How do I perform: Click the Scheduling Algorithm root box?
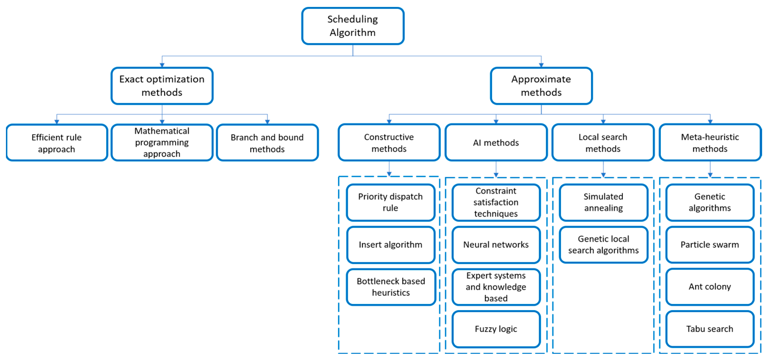pyautogui.click(x=353, y=26)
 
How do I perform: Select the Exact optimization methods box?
pyautogui.click(x=162, y=86)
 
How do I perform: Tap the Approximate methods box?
pyautogui.click(x=541, y=86)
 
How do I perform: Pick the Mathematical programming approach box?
pyautogui.click(x=162, y=142)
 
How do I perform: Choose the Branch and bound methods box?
pyautogui.click(x=267, y=143)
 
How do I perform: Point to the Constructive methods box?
pyautogui.click(x=389, y=142)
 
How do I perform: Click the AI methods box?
pyautogui.click(x=496, y=142)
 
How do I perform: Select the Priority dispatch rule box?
pyautogui.click(x=391, y=202)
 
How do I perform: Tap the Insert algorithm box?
pyautogui.click(x=391, y=245)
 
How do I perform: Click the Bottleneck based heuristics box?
pyautogui.click(x=391, y=287)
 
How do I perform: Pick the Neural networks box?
pyautogui.click(x=496, y=245)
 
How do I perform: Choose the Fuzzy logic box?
pyautogui.click(x=496, y=329)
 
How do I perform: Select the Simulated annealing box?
pyautogui.click(x=603, y=202)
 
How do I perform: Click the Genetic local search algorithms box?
pyautogui.click(x=603, y=245)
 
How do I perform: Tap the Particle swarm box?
pyautogui.click(x=710, y=245)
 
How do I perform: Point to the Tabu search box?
pyautogui.click(x=710, y=329)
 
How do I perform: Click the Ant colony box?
pyautogui.click(x=710, y=287)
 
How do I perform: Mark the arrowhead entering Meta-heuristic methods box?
pyautogui.click(x=710, y=122)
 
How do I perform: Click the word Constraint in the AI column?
pyautogui.click(x=496, y=191)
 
